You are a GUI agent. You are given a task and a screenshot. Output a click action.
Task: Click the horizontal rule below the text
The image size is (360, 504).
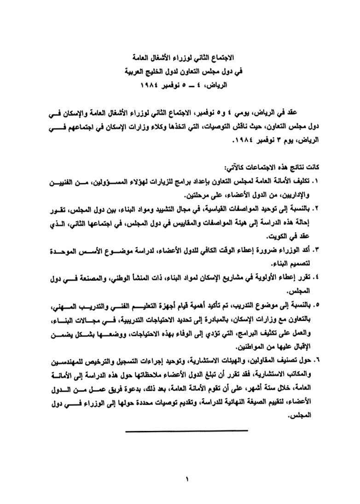(186, 431)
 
